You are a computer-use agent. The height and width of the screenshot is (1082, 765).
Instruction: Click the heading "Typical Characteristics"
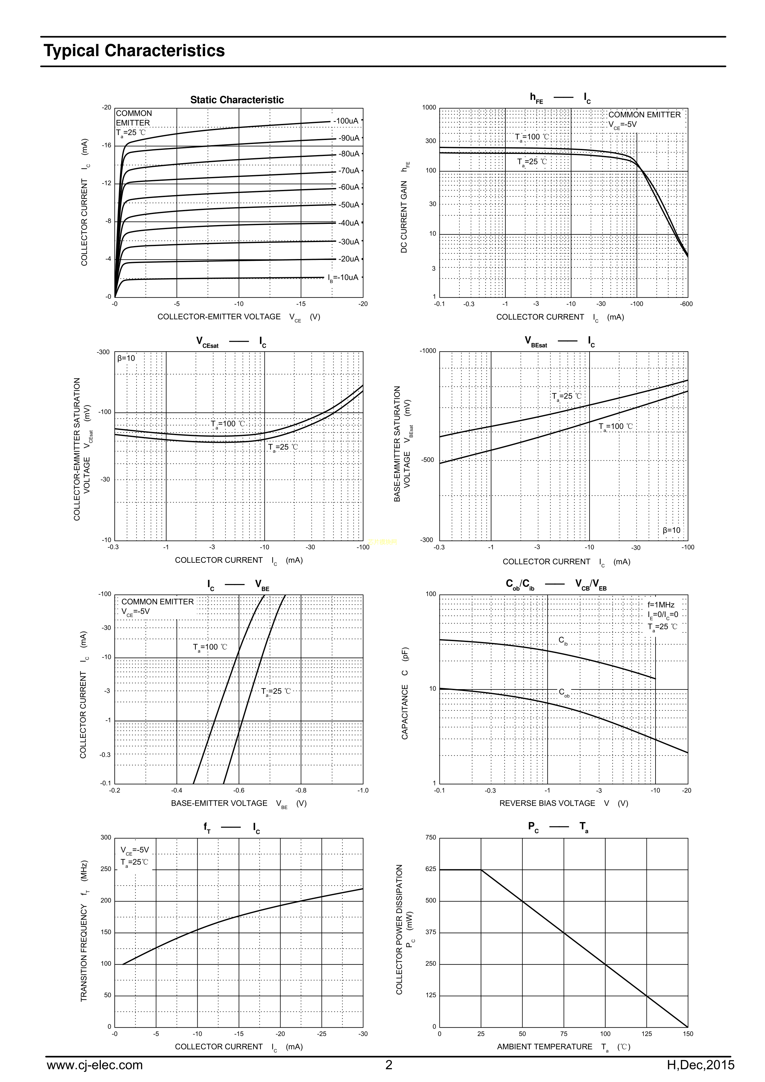pos(134,51)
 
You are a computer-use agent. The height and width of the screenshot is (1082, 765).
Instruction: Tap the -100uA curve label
pos(346,121)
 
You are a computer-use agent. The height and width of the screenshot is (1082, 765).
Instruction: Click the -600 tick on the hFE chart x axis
pos(686,304)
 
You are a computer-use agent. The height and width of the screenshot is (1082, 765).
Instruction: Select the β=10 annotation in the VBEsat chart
pos(671,530)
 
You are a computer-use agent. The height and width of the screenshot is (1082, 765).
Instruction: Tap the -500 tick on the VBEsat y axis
pos(427,460)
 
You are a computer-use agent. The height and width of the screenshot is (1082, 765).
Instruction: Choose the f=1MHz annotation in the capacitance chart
pos(661,605)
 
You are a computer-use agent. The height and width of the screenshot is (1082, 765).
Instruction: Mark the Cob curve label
pos(564,692)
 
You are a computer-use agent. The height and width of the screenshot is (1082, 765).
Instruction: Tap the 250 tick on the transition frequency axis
pos(106,869)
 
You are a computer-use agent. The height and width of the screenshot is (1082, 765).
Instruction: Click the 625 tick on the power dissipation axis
pos(431,869)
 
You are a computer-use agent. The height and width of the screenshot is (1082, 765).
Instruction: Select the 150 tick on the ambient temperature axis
pos(688,1034)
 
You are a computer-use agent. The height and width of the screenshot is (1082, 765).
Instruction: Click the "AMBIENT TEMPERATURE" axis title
pos(545,1047)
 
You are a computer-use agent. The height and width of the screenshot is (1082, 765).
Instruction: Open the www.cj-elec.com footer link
pos(94,1065)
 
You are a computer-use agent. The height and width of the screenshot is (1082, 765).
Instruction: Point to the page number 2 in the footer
pos(389,1065)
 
